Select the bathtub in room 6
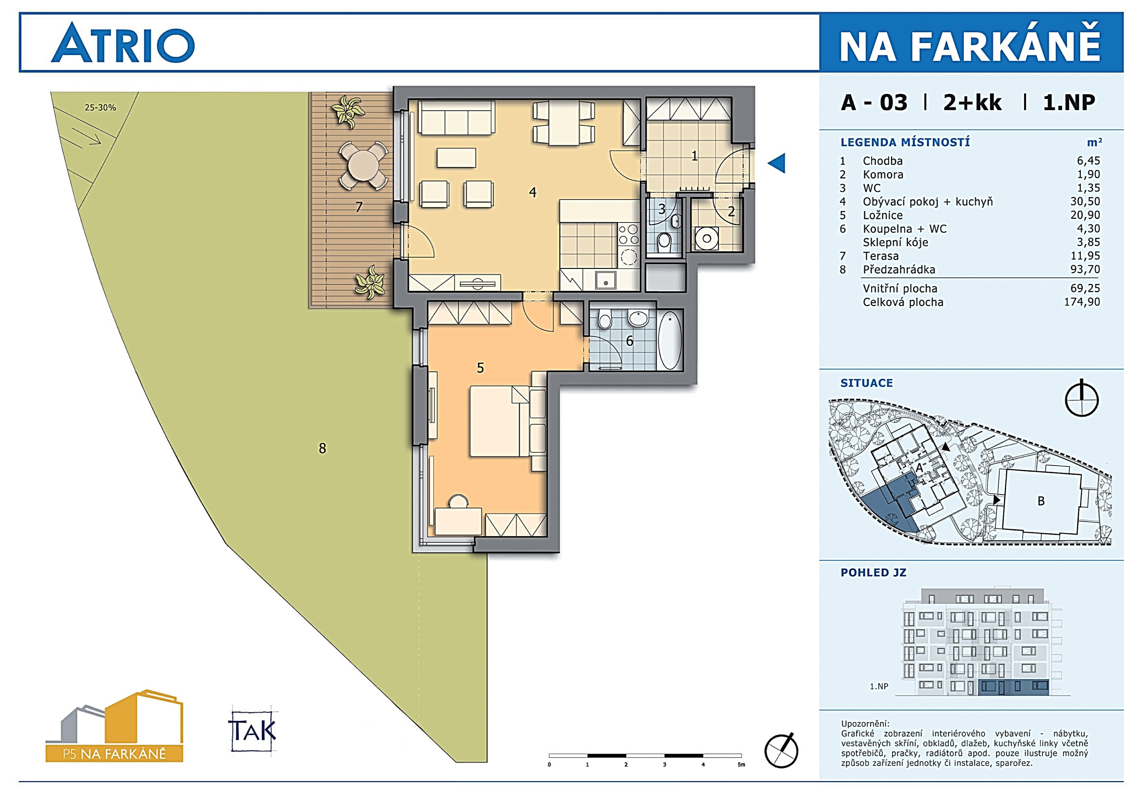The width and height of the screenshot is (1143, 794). [x=670, y=340]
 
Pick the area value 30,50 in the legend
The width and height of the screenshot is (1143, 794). [x=1085, y=201]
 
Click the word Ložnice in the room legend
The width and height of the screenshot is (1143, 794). [x=882, y=215]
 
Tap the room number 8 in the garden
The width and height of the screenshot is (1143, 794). [x=322, y=448]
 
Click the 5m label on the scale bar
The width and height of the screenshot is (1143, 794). [x=741, y=765]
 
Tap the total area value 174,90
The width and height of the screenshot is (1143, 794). [x=1082, y=302]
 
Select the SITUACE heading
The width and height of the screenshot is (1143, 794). [x=867, y=383]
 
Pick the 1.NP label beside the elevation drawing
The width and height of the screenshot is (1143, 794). [x=879, y=687]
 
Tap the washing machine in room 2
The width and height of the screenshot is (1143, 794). [x=706, y=238]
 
